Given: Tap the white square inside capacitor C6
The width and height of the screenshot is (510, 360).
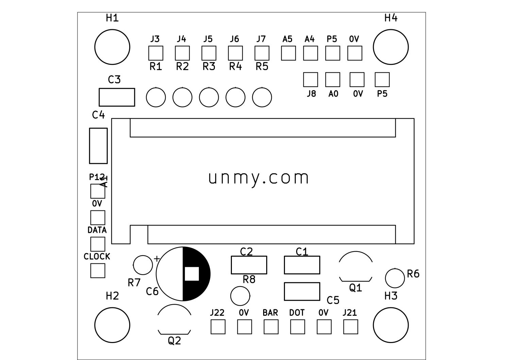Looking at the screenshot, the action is [192, 274].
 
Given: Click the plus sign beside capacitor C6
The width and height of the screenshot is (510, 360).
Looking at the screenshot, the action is [157, 259].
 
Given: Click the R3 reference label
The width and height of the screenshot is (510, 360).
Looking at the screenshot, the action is [209, 67].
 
